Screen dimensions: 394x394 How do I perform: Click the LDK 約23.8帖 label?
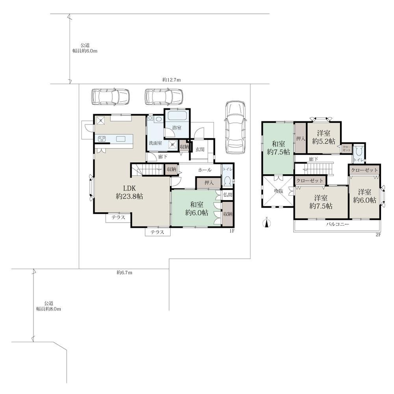click(x=129, y=192)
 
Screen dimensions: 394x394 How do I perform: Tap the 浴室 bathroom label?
click(x=177, y=128)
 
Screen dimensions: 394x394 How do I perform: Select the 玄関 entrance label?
click(x=200, y=149)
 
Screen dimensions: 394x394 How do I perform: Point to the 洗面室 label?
click(x=155, y=143)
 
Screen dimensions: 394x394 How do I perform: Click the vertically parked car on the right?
click(x=235, y=127)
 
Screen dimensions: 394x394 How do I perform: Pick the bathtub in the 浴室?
click(x=177, y=116)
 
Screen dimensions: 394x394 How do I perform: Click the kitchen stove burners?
click(x=102, y=139)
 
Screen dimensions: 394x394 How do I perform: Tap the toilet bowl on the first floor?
click(x=228, y=181)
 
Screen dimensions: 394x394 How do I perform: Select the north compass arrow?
click(x=267, y=222)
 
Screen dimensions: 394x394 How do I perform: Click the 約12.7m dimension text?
click(x=172, y=80)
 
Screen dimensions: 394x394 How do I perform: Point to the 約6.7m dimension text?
click(x=125, y=272)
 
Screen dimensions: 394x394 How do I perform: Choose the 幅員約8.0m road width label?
click(x=48, y=309)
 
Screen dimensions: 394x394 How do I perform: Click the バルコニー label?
click(x=338, y=224)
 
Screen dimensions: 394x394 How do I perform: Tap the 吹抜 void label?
click(x=279, y=191)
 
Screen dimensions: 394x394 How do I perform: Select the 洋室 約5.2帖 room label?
click(x=323, y=137)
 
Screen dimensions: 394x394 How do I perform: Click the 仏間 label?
click(x=228, y=195)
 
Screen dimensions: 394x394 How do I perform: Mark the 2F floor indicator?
click(x=378, y=235)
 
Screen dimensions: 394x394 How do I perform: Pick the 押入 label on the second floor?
click(x=301, y=138)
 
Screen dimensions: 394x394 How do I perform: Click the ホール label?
click(x=205, y=170)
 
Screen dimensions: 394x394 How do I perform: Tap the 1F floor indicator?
click(x=232, y=231)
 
